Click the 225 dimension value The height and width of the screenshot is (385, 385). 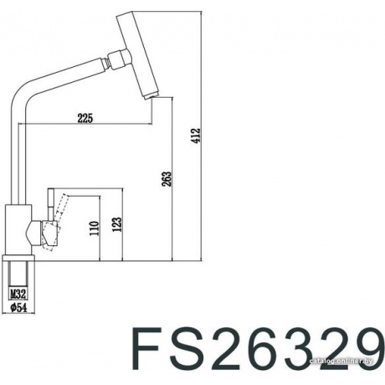tap(84, 118)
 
